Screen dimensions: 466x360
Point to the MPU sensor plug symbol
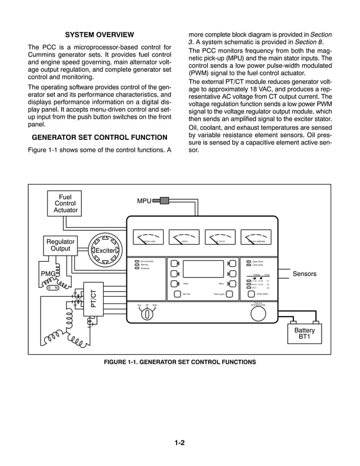pos(163,200)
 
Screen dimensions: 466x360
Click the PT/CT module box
pos(94,298)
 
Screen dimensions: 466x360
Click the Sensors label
pos(304,274)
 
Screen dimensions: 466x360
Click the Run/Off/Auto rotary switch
pos(147,314)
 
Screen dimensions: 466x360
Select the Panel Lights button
pos(229,294)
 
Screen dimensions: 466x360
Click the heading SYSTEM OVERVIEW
pos(100,34)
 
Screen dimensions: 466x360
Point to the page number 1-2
pos(180,443)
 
